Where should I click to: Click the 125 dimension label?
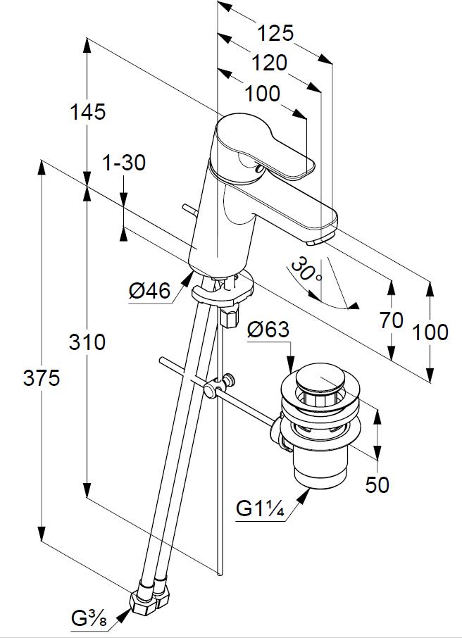[275, 33]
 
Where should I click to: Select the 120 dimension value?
[269, 63]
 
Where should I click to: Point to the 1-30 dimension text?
[124, 163]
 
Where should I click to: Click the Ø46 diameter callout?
[149, 290]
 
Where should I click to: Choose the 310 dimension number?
[87, 342]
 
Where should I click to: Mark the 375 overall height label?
[42, 378]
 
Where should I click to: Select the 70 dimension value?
[392, 320]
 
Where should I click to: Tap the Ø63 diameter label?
[269, 330]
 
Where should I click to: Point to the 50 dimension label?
[377, 484]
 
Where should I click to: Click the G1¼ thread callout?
[259, 508]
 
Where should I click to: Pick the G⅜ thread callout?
[89, 620]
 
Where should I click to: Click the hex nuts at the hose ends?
[151, 598]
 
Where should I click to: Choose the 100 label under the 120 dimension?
[263, 93]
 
